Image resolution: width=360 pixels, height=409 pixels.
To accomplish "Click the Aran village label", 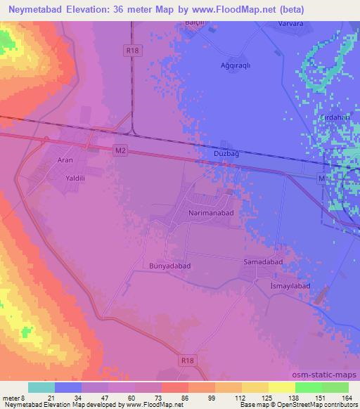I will point(65,160).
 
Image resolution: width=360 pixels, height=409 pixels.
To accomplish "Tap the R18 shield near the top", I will point(130,49).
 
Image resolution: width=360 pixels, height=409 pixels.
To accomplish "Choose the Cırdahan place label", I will point(334,117).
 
